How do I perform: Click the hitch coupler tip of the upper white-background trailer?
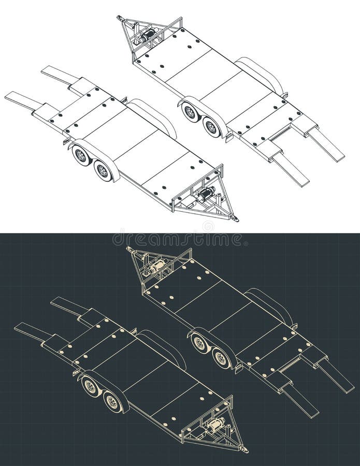tap(120, 19)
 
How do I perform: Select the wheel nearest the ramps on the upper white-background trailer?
tap(211, 127)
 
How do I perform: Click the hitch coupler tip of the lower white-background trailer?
tap(236, 219)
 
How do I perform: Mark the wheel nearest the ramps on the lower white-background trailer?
tap(81, 155)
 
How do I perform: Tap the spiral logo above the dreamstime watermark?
tap(208, 226)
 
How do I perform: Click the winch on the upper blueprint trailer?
tap(155, 267)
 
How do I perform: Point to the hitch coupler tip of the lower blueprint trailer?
tap(245, 449)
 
